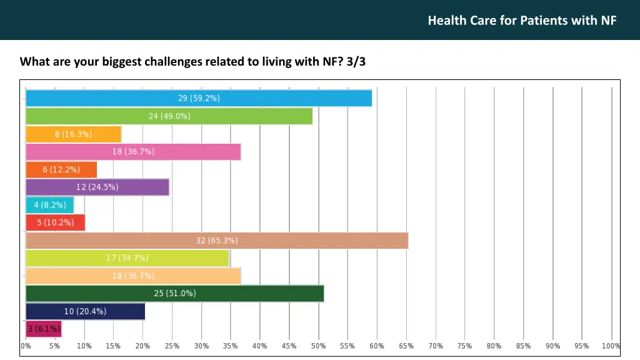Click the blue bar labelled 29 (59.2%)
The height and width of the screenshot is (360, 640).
click(x=199, y=98)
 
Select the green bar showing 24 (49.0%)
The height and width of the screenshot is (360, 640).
click(x=169, y=116)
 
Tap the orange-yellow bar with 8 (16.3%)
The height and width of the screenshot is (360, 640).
click(x=73, y=134)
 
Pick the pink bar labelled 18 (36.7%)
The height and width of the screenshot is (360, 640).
click(x=133, y=152)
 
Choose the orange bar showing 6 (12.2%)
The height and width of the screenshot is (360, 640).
click(x=61, y=169)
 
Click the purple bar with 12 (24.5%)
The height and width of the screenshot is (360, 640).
click(x=97, y=187)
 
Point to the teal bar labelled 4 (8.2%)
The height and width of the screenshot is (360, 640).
click(x=49, y=205)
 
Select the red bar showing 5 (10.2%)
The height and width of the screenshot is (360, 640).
click(x=55, y=222)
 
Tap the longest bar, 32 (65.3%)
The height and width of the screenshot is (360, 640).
click(x=216, y=241)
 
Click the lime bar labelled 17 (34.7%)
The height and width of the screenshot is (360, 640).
click(x=127, y=258)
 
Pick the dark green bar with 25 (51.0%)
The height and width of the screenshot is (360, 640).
click(x=174, y=293)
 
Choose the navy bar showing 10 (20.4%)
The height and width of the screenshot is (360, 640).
click(x=85, y=311)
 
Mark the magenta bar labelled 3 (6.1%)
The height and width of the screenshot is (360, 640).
click(x=43, y=329)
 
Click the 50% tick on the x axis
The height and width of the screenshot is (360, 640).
click(x=318, y=346)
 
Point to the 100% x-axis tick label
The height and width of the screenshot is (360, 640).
click(x=611, y=346)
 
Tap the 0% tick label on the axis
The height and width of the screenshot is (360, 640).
click(x=26, y=346)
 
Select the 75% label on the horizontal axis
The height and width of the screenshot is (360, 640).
click(x=464, y=346)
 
